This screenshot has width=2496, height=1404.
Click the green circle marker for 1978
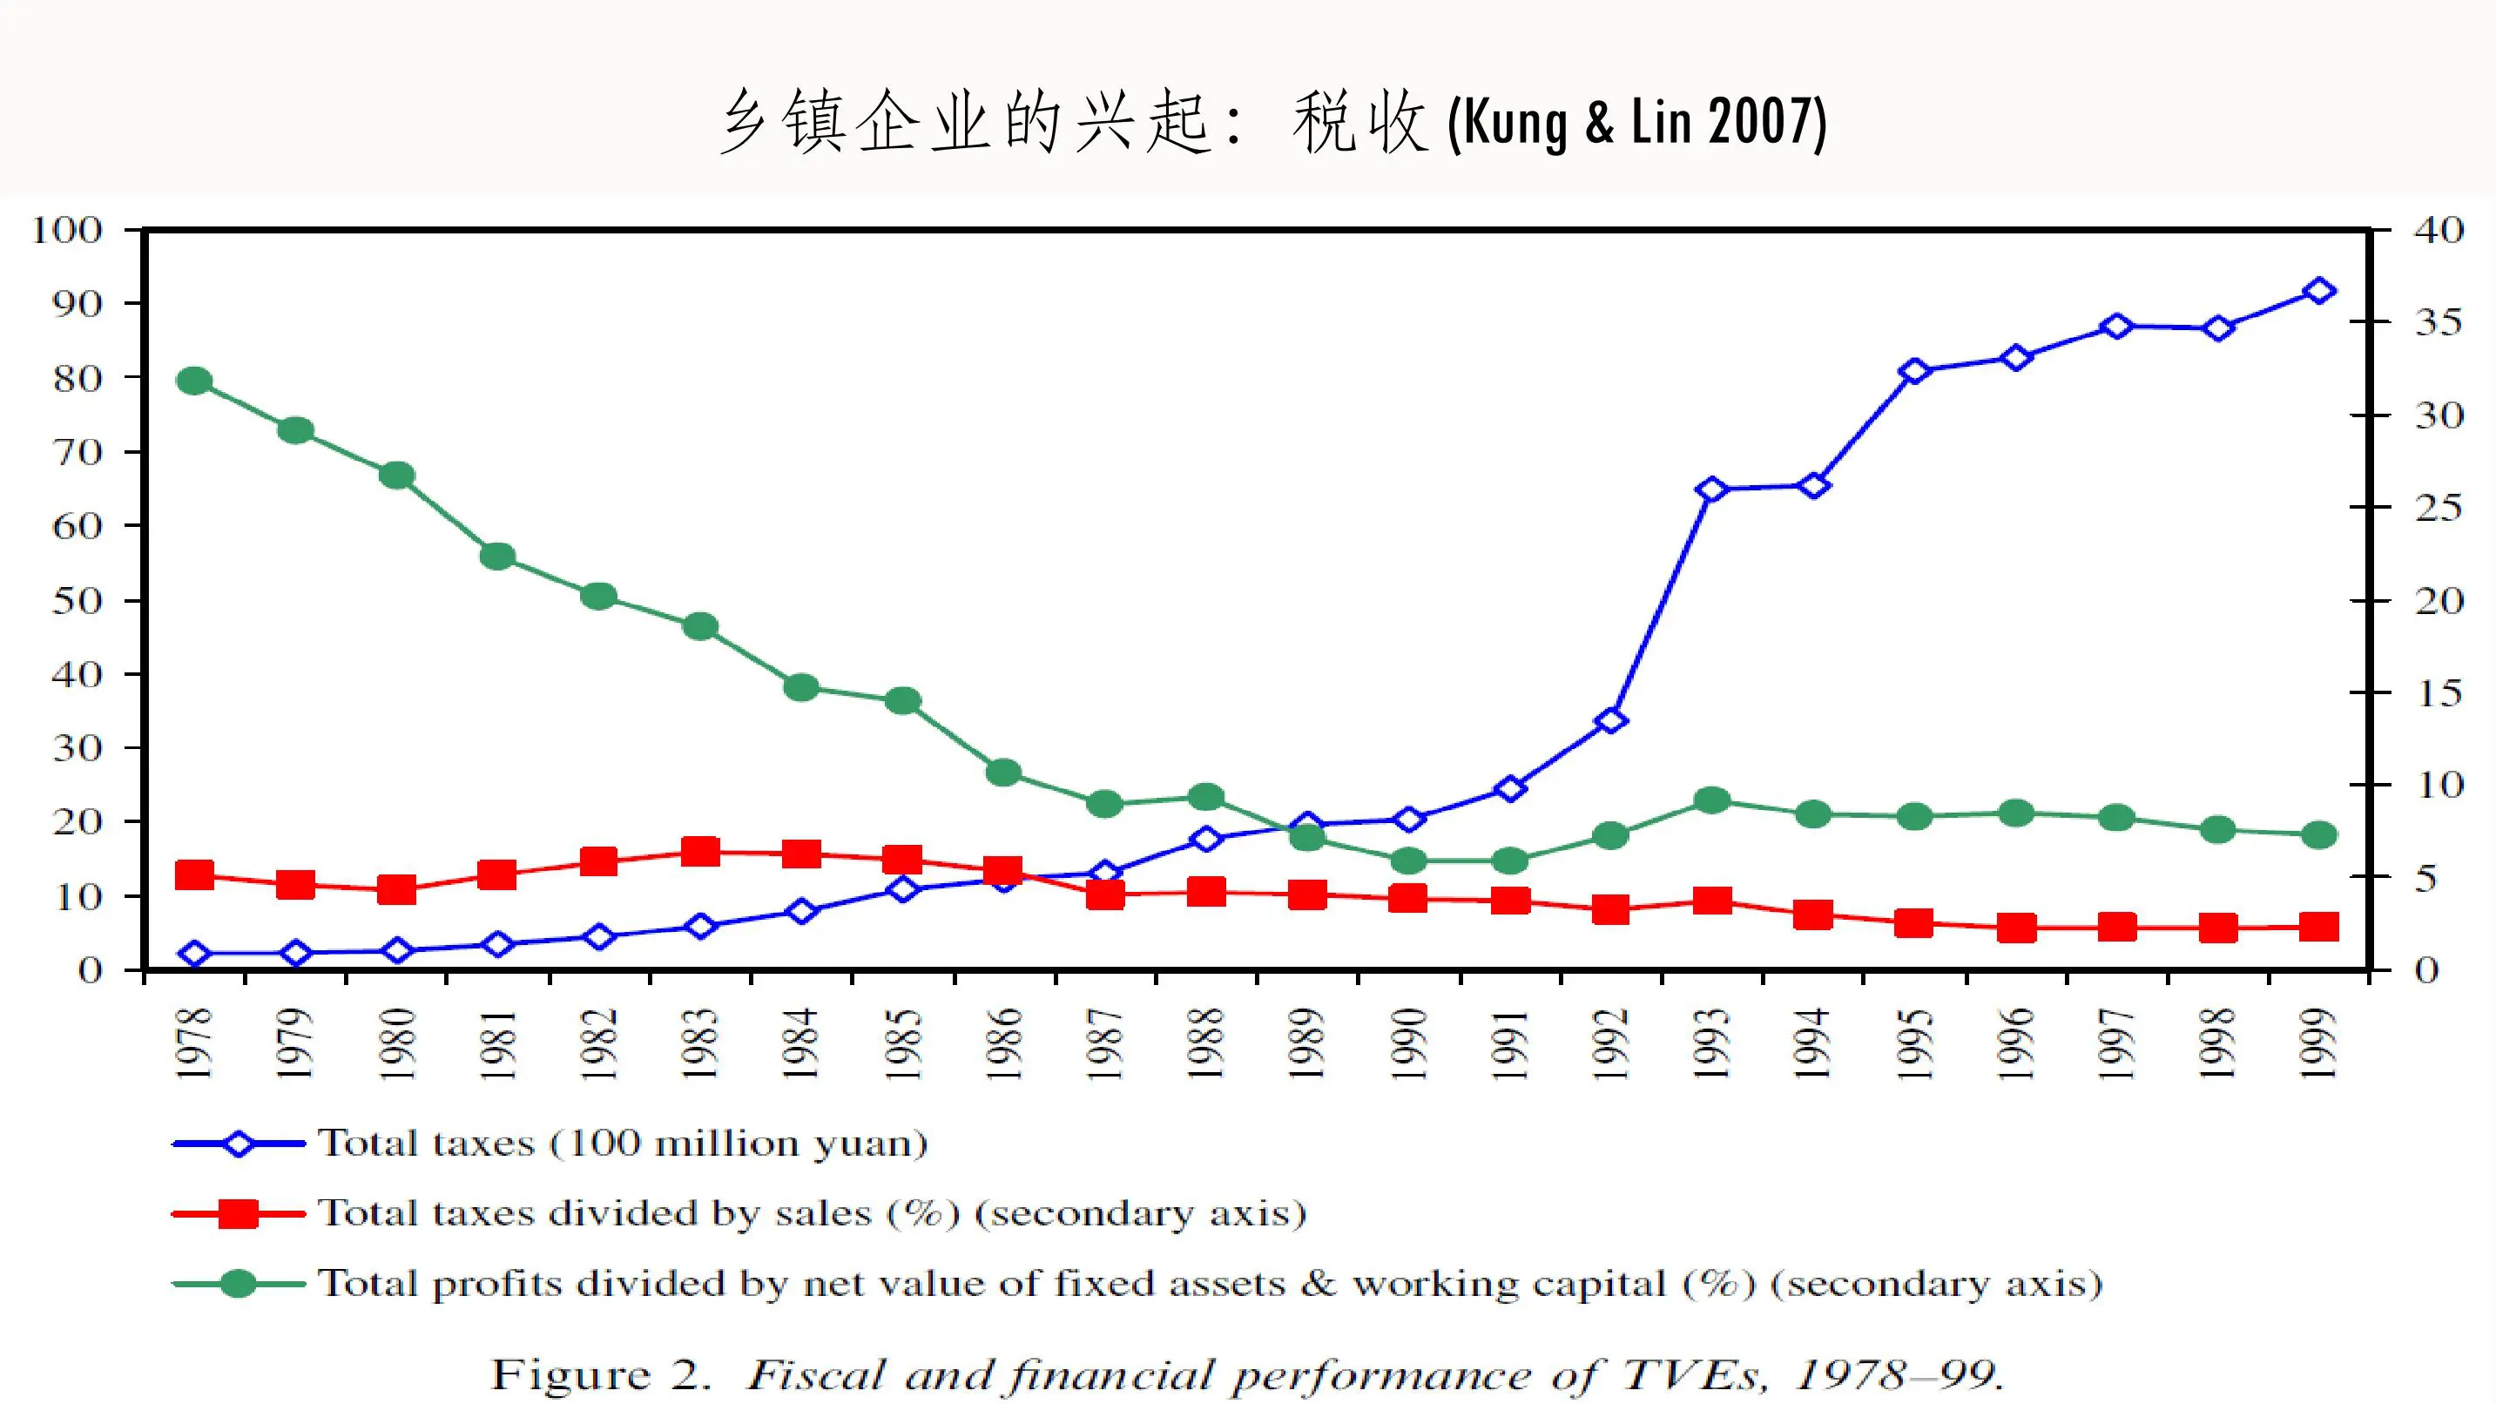point(194,381)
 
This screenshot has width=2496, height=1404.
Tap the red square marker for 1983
point(699,853)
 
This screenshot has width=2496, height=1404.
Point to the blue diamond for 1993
point(1712,489)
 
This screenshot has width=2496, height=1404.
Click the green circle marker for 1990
point(1408,861)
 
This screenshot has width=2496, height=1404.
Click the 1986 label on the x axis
point(1005,1043)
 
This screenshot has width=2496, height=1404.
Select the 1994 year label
point(1813,1043)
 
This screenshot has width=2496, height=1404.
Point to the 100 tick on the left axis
point(66,231)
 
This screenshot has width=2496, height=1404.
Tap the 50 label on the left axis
point(77,601)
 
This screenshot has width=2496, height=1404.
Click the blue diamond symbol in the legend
point(239,1144)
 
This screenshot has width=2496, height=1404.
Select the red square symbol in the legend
point(239,1214)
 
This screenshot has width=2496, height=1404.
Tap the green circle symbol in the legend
point(239,1285)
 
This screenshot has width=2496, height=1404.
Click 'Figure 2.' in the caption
point(601,1374)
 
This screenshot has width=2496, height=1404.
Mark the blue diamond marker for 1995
point(1914,372)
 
